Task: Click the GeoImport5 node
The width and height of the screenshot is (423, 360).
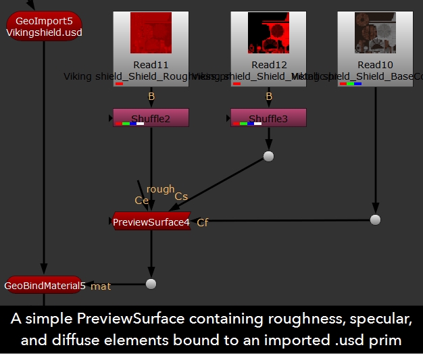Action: point(44,26)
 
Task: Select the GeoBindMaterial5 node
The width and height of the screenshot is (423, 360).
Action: point(45,286)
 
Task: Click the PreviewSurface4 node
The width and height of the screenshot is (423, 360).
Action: point(151,222)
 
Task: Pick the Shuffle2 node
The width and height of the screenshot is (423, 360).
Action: point(151,118)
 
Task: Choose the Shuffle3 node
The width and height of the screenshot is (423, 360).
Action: point(268,118)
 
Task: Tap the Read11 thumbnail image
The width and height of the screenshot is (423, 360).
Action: point(151,33)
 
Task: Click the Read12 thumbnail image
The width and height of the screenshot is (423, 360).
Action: point(268,33)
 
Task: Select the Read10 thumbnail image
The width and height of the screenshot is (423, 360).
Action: point(375,33)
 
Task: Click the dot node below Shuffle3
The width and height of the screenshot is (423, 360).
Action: point(268,157)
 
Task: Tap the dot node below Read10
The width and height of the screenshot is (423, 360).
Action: point(375,220)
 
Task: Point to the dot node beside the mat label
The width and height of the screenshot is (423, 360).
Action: point(151,284)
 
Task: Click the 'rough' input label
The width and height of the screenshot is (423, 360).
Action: point(160,190)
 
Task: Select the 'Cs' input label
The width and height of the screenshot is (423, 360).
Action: point(181,197)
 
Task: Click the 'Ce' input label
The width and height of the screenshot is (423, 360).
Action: point(141,200)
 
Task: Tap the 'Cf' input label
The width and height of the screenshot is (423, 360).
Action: point(203,222)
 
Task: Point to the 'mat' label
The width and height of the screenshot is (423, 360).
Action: point(101,286)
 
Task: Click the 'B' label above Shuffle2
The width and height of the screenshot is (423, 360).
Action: point(151,97)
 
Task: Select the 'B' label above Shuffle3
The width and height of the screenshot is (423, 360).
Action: point(269,97)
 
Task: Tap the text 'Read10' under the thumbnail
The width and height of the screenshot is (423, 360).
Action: point(375,66)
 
